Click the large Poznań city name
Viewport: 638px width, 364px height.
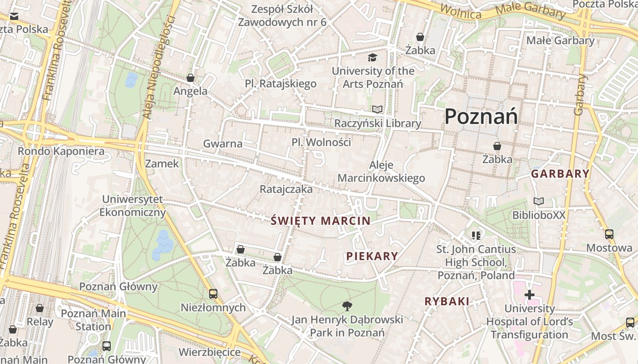pyautogui.click(x=481, y=116)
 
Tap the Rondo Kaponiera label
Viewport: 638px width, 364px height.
pyautogui.click(x=61, y=151)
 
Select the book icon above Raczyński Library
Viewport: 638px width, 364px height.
pyautogui.click(x=377, y=110)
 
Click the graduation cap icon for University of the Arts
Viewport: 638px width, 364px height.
pyautogui.click(x=373, y=58)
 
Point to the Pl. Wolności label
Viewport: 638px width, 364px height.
pyautogui.click(x=321, y=142)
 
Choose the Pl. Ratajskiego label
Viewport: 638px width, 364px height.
pyautogui.click(x=281, y=84)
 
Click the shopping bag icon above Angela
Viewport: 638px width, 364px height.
pyautogui.click(x=190, y=78)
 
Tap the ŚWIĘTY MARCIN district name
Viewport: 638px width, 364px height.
pyautogui.click(x=320, y=221)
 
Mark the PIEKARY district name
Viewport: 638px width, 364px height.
pyautogui.click(x=372, y=256)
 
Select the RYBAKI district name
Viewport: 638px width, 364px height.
pyautogui.click(x=447, y=301)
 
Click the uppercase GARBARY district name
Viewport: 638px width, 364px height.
pyautogui.click(x=560, y=174)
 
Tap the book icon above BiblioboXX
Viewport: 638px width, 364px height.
pyautogui.click(x=539, y=201)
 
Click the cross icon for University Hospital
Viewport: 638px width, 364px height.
pyautogui.click(x=529, y=295)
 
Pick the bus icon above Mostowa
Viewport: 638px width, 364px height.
pyautogui.click(x=609, y=234)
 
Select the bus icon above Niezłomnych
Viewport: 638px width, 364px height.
pyautogui.click(x=213, y=294)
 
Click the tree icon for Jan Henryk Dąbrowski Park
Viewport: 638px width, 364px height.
pyautogui.click(x=347, y=306)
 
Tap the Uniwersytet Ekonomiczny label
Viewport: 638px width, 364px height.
pyautogui.click(x=132, y=206)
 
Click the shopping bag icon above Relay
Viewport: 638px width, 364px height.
pyautogui.click(x=40, y=308)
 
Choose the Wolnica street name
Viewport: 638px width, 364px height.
pyautogui.click(x=461, y=12)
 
